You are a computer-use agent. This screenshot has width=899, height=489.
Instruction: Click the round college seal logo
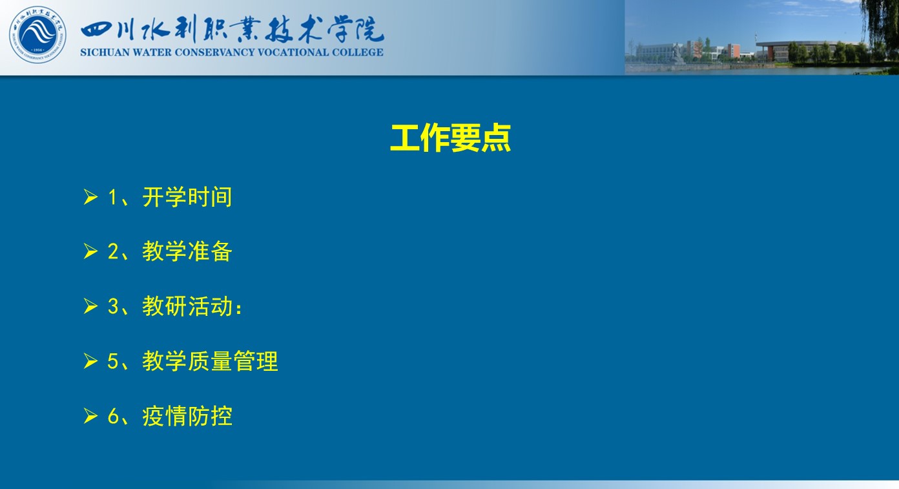(x=37, y=34)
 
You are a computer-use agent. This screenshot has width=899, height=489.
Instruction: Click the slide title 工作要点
(x=450, y=138)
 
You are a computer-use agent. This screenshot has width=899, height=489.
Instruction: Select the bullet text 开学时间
(x=187, y=197)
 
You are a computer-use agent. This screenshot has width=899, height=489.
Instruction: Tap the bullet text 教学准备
(x=187, y=251)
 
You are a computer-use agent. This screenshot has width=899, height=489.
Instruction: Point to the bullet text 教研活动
(x=187, y=306)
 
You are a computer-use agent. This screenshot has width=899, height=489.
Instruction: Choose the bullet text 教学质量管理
(x=210, y=360)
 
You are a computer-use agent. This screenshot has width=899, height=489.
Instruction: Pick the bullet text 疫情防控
(x=187, y=415)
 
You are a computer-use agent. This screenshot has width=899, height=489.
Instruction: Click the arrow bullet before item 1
(x=90, y=197)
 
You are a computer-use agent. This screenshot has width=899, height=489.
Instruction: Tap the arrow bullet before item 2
(x=90, y=251)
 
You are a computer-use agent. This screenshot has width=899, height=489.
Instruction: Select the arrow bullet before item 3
(x=90, y=306)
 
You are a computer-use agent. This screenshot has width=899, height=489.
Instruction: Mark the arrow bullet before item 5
(x=90, y=360)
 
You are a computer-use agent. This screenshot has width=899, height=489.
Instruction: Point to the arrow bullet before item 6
(x=90, y=415)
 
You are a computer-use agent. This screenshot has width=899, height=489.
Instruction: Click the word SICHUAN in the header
(x=105, y=52)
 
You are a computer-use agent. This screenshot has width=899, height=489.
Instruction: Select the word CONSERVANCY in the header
(x=214, y=52)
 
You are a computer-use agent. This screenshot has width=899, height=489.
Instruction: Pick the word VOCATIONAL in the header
(x=293, y=52)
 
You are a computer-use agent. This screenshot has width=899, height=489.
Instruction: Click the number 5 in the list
(x=113, y=361)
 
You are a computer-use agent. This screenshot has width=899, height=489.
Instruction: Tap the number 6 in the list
(x=113, y=416)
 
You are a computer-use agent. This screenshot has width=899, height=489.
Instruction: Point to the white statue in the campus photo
(x=678, y=54)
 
